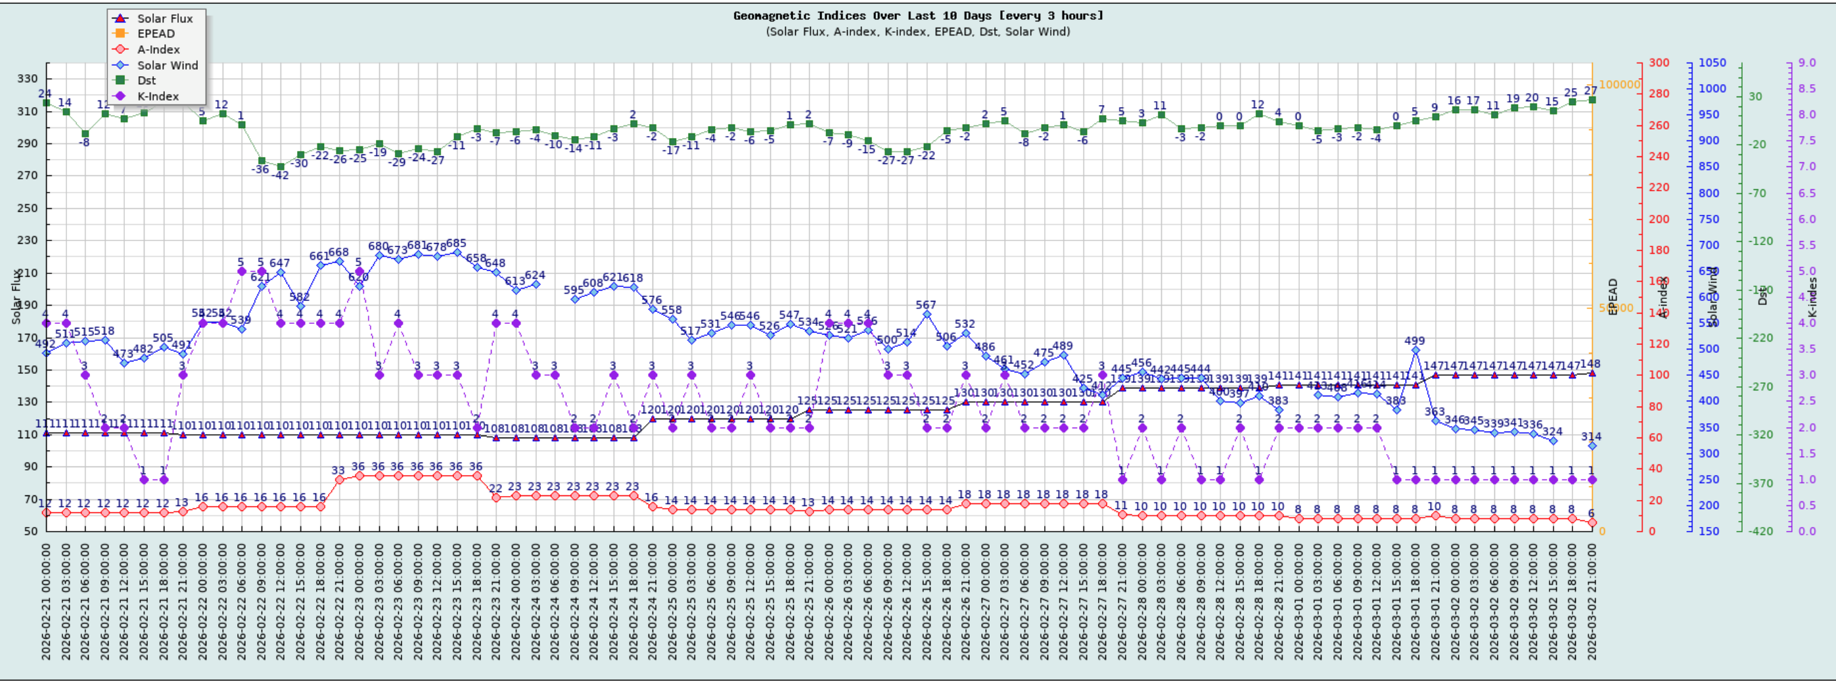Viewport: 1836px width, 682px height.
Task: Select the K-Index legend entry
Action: point(158,96)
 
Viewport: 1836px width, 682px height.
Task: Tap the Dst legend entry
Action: point(146,81)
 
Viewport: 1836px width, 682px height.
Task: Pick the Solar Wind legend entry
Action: point(168,65)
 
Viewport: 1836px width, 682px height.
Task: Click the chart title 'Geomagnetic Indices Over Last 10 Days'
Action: point(918,16)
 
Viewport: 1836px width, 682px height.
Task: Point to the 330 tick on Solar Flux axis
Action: point(27,79)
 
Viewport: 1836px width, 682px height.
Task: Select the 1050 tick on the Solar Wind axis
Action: point(1712,62)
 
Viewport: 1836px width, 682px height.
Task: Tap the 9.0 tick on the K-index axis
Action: point(1808,62)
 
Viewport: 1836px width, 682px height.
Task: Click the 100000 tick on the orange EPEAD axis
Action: point(1619,84)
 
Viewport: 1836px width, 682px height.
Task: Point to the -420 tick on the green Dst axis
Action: point(1759,531)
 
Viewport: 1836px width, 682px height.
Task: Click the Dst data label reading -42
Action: point(280,175)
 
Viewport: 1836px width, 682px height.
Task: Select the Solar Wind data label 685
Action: point(456,244)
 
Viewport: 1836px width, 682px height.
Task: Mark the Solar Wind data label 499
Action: point(1415,340)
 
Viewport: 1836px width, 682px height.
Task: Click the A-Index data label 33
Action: point(338,470)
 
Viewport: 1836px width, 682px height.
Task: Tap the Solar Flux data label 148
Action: point(1590,364)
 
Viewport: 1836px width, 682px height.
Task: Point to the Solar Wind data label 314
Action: point(1591,437)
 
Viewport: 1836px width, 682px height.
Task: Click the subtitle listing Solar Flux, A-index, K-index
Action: point(918,32)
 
